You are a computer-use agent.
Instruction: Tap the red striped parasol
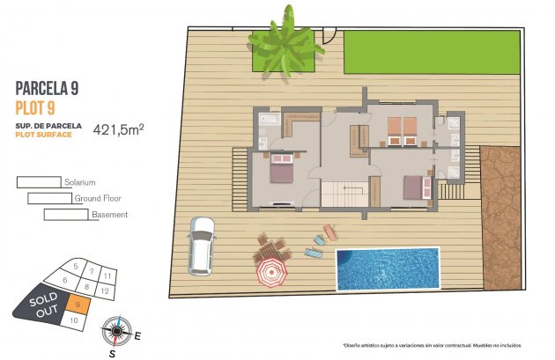click(273, 271)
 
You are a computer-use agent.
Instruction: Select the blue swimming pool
click(387, 268)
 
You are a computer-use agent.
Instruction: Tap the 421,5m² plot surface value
click(124, 129)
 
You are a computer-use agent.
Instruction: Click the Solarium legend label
click(80, 182)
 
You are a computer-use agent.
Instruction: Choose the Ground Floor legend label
click(97, 198)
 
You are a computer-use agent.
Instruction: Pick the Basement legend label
click(109, 214)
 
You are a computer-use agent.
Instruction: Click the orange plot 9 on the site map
click(79, 305)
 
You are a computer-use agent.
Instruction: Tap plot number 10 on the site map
click(75, 321)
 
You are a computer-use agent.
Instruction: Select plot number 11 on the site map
click(106, 276)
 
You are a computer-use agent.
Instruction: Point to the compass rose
click(115, 332)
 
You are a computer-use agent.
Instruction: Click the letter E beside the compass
click(137, 334)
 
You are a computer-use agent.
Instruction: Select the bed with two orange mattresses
click(401, 129)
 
